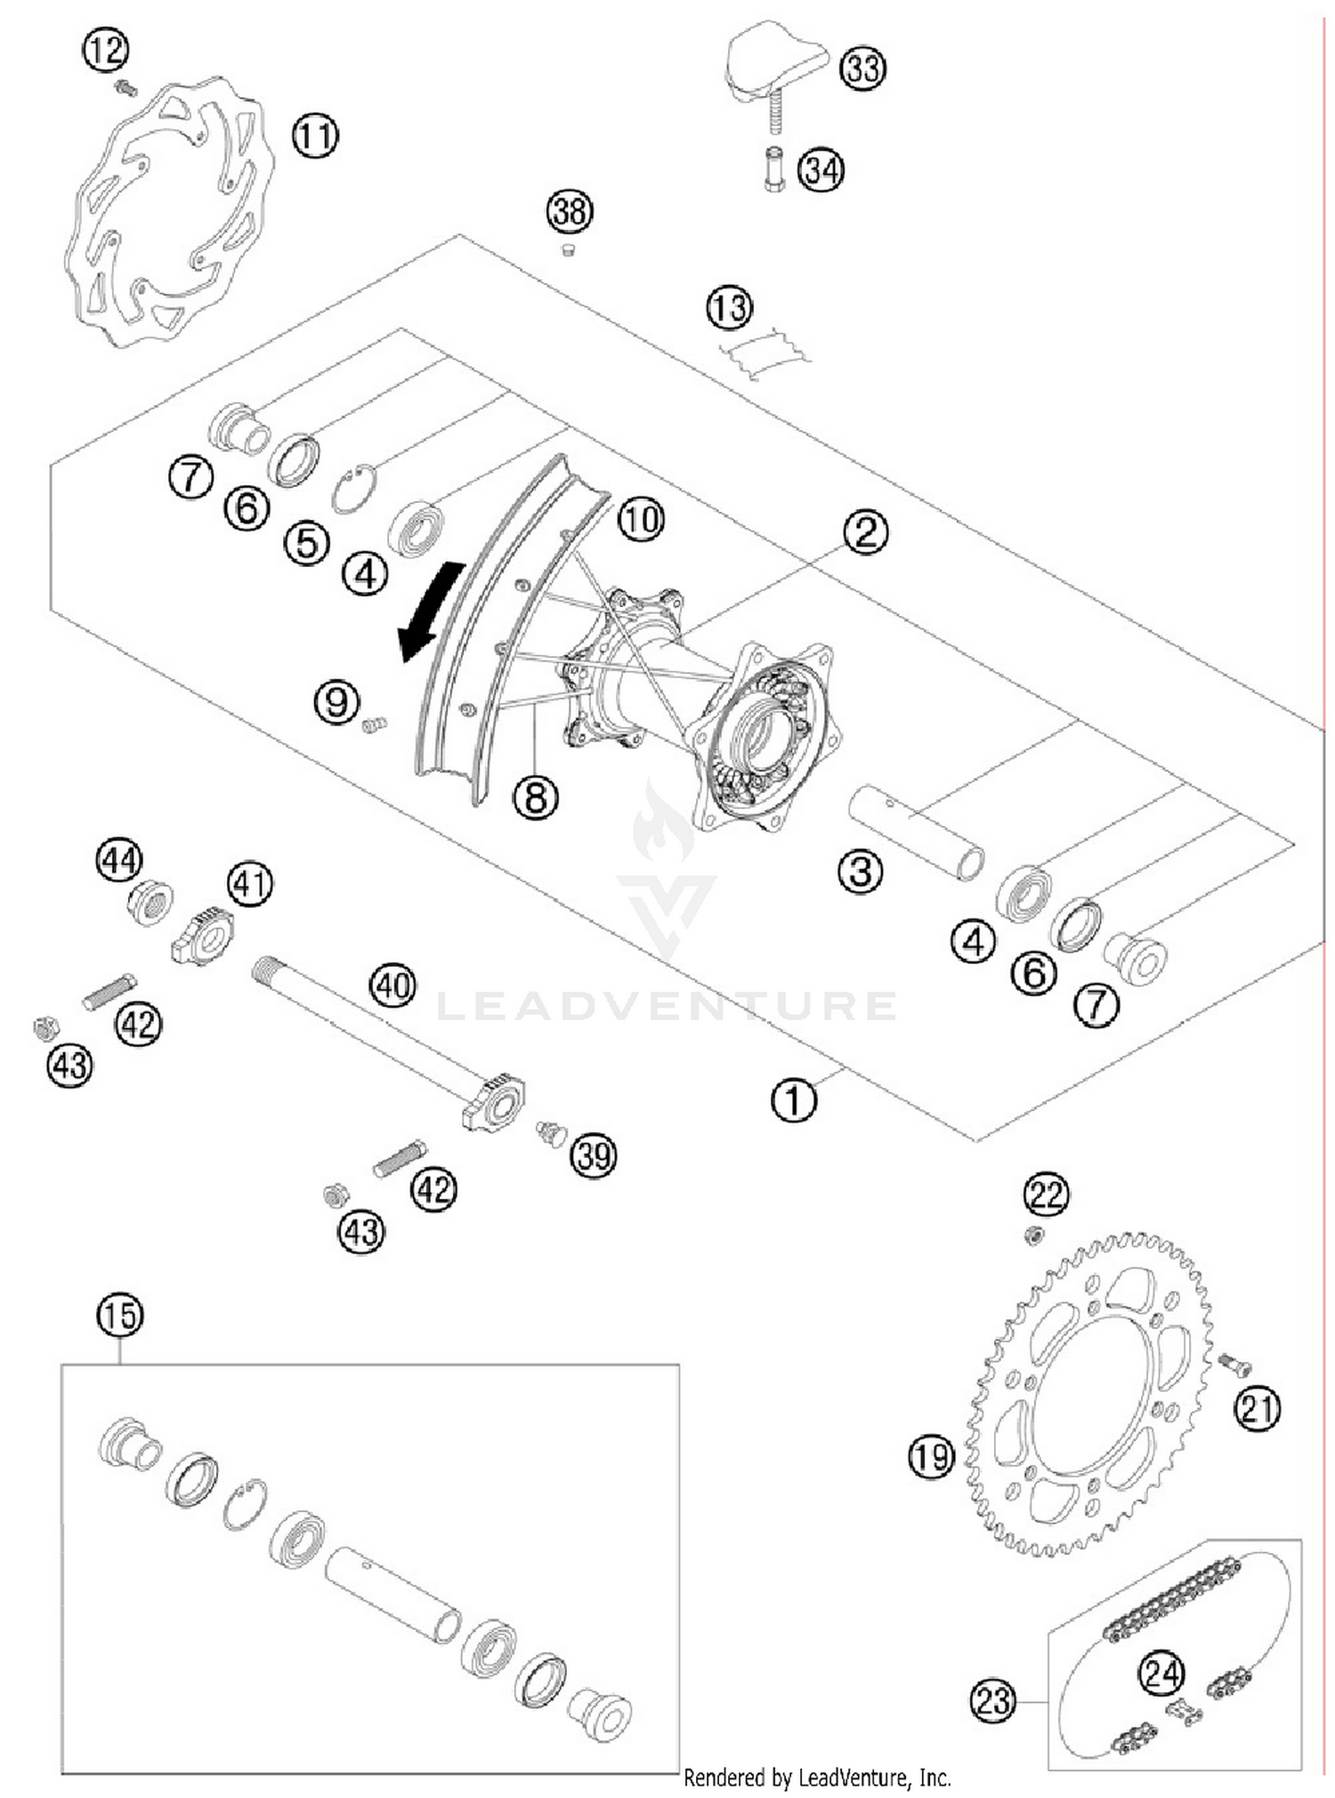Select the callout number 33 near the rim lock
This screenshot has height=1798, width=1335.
tap(862, 69)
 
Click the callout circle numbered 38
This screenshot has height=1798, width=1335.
tap(570, 212)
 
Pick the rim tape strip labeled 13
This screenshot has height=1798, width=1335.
tap(765, 354)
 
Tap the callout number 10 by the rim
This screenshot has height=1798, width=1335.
tap(641, 519)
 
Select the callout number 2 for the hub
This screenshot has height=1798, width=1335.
tap(865, 532)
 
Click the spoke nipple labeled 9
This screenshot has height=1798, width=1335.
tap(375, 725)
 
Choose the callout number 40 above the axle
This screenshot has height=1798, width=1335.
tap(393, 985)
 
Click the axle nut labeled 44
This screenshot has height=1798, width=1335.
tap(150, 903)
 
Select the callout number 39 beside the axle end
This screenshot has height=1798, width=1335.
tap(594, 1156)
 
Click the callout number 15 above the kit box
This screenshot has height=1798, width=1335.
tap(120, 1316)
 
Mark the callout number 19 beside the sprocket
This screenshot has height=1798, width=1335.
tap(931, 1457)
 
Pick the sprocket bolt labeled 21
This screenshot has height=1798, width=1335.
tap(1234, 1363)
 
